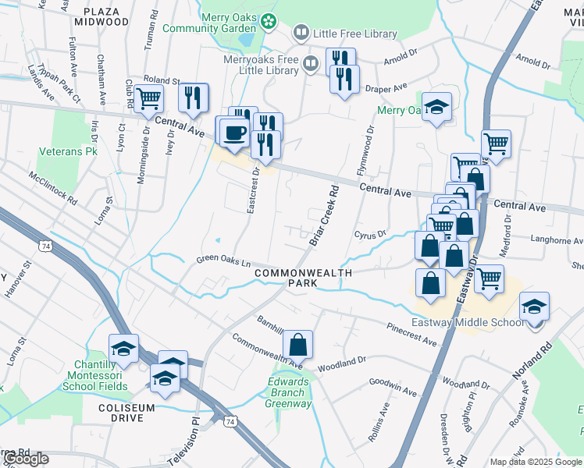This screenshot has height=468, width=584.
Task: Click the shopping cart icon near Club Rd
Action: [x=148, y=99]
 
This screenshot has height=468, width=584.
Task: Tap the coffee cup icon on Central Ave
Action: [x=233, y=132]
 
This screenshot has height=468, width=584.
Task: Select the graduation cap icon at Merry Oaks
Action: [x=436, y=108]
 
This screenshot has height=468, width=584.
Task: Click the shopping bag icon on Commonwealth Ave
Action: [x=297, y=343]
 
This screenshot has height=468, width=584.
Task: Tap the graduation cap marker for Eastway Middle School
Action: [x=534, y=306]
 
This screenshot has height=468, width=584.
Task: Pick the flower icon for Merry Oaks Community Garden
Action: [x=269, y=21]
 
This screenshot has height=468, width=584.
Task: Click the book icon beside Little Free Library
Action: [x=301, y=34]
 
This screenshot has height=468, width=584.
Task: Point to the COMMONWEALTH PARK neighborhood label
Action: [x=304, y=278]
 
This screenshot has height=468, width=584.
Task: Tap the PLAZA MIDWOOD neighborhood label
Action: [x=101, y=16]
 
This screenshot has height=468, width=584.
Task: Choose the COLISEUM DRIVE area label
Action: [x=122, y=413]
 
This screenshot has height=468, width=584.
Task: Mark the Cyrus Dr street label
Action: [x=370, y=234]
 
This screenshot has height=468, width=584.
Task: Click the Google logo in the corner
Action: [x=26, y=459]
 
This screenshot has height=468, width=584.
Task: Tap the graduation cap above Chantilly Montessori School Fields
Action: [x=123, y=349]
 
